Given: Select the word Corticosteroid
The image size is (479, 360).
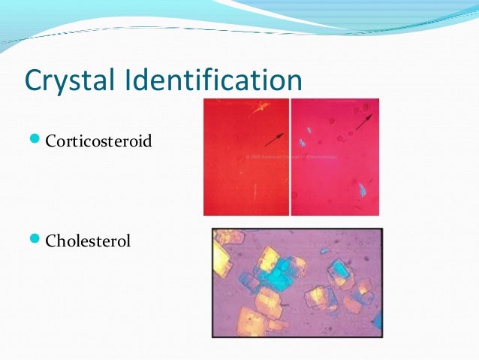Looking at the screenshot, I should pos(98,140).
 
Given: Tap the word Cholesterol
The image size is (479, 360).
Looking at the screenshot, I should pos(88,241).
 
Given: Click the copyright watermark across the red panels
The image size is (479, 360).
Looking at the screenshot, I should pos(290,157).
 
